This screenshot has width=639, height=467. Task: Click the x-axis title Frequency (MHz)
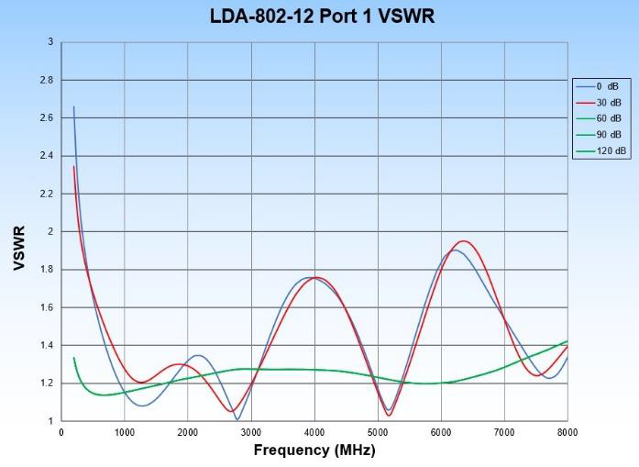(314, 450)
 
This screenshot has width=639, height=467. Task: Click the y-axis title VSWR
(19, 248)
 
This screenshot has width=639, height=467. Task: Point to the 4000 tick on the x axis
(314, 431)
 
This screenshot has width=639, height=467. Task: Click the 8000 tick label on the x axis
(567, 431)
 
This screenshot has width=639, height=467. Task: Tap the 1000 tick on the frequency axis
(125, 431)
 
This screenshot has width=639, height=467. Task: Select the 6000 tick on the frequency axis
(441, 431)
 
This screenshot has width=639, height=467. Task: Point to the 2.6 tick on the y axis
(46, 118)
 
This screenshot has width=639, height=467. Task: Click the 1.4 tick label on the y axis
(46, 345)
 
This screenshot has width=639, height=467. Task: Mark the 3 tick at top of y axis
(50, 42)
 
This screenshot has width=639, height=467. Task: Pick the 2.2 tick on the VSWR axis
(46, 194)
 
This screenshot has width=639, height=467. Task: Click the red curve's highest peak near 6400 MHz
(464, 241)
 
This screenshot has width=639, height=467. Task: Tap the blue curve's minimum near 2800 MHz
(237, 419)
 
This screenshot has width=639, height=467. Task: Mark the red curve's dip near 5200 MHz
(389, 416)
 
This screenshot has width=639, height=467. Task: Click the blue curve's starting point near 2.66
(74, 107)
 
